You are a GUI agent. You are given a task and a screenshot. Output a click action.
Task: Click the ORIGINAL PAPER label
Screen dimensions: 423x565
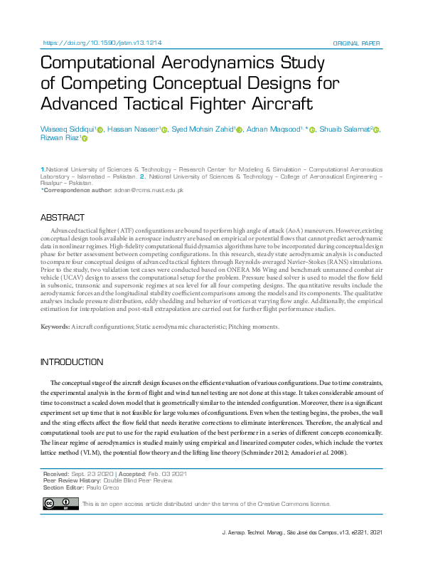point(358,43)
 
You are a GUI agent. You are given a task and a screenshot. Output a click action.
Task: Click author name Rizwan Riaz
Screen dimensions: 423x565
point(60,139)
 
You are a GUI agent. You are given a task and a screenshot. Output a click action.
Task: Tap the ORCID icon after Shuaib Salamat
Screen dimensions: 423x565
point(377,130)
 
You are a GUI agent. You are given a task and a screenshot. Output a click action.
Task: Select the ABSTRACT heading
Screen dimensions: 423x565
point(62,217)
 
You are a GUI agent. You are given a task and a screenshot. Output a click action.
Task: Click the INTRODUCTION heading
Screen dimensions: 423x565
point(72,362)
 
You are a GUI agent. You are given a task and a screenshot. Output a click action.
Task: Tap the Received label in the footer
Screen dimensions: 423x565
point(56,474)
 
